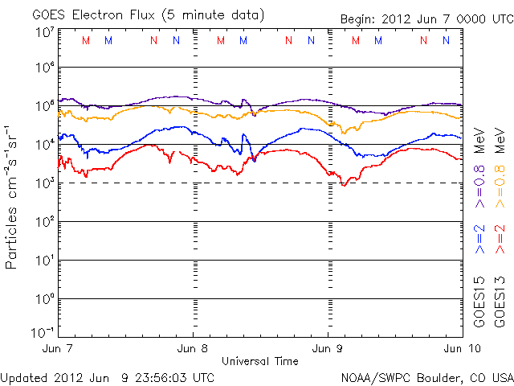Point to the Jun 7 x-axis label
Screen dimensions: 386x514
[58, 348]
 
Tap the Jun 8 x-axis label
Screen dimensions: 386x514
[193, 348]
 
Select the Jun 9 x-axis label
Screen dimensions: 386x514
[328, 348]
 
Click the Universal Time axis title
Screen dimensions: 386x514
[259, 361]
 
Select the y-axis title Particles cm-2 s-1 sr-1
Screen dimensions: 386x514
[14, 196]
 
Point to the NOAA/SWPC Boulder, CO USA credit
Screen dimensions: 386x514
[426, 376]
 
